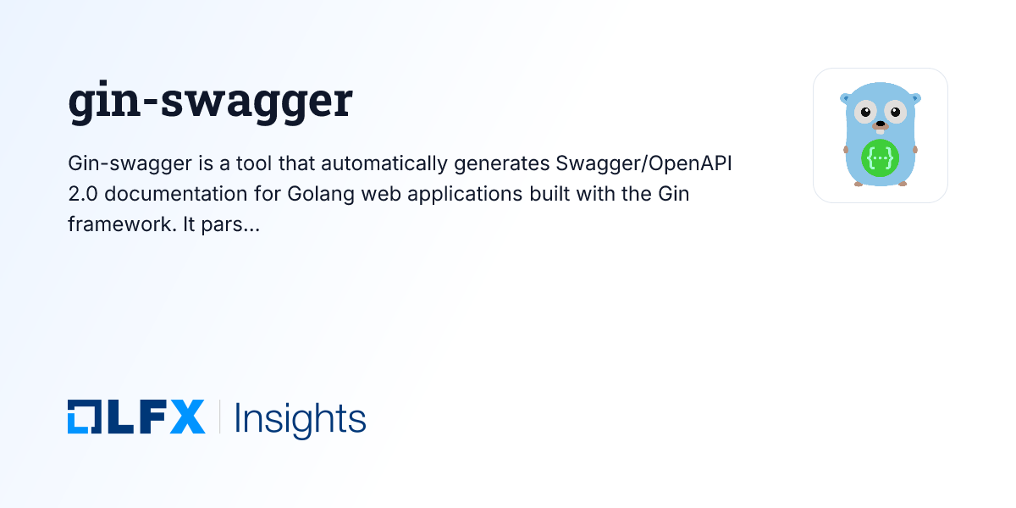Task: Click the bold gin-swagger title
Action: (210, 102)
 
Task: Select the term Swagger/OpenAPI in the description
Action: (643, 163)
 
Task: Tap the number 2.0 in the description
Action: (84, 194)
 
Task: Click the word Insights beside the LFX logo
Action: (300, 418)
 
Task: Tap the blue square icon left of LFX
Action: (84, 417)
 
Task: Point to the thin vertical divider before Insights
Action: (219, 417)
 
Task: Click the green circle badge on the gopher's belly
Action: (880, 158)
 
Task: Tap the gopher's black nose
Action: (880, 124)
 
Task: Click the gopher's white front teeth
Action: (880, 132)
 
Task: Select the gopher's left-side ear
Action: (845, 97)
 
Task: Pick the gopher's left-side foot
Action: (859, 183)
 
